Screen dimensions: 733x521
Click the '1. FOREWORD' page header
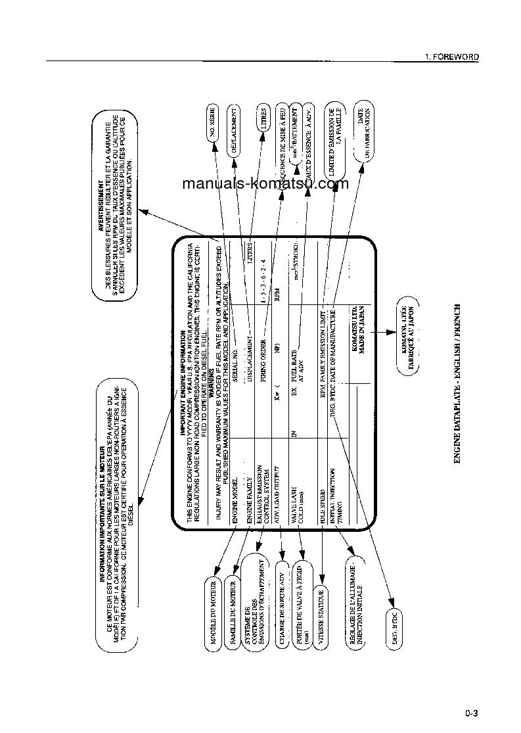tap(451, 57)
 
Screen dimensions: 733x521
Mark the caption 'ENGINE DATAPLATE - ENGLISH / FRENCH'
tap(457, 384)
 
